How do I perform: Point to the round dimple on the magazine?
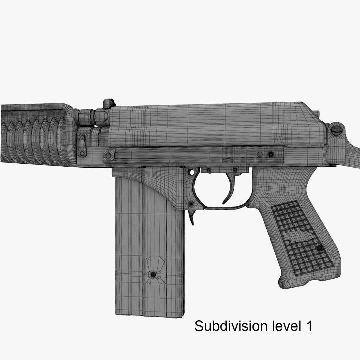click(153, 274)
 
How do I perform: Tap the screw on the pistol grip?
click(320, 248)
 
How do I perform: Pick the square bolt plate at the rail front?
click(108, 155)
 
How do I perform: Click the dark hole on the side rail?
click(271, 154)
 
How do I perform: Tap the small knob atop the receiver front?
click(108, 103)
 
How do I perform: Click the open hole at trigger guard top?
click(192, 172)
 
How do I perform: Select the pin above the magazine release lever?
click(191, 203)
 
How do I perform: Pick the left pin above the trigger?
click(209, 170)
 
